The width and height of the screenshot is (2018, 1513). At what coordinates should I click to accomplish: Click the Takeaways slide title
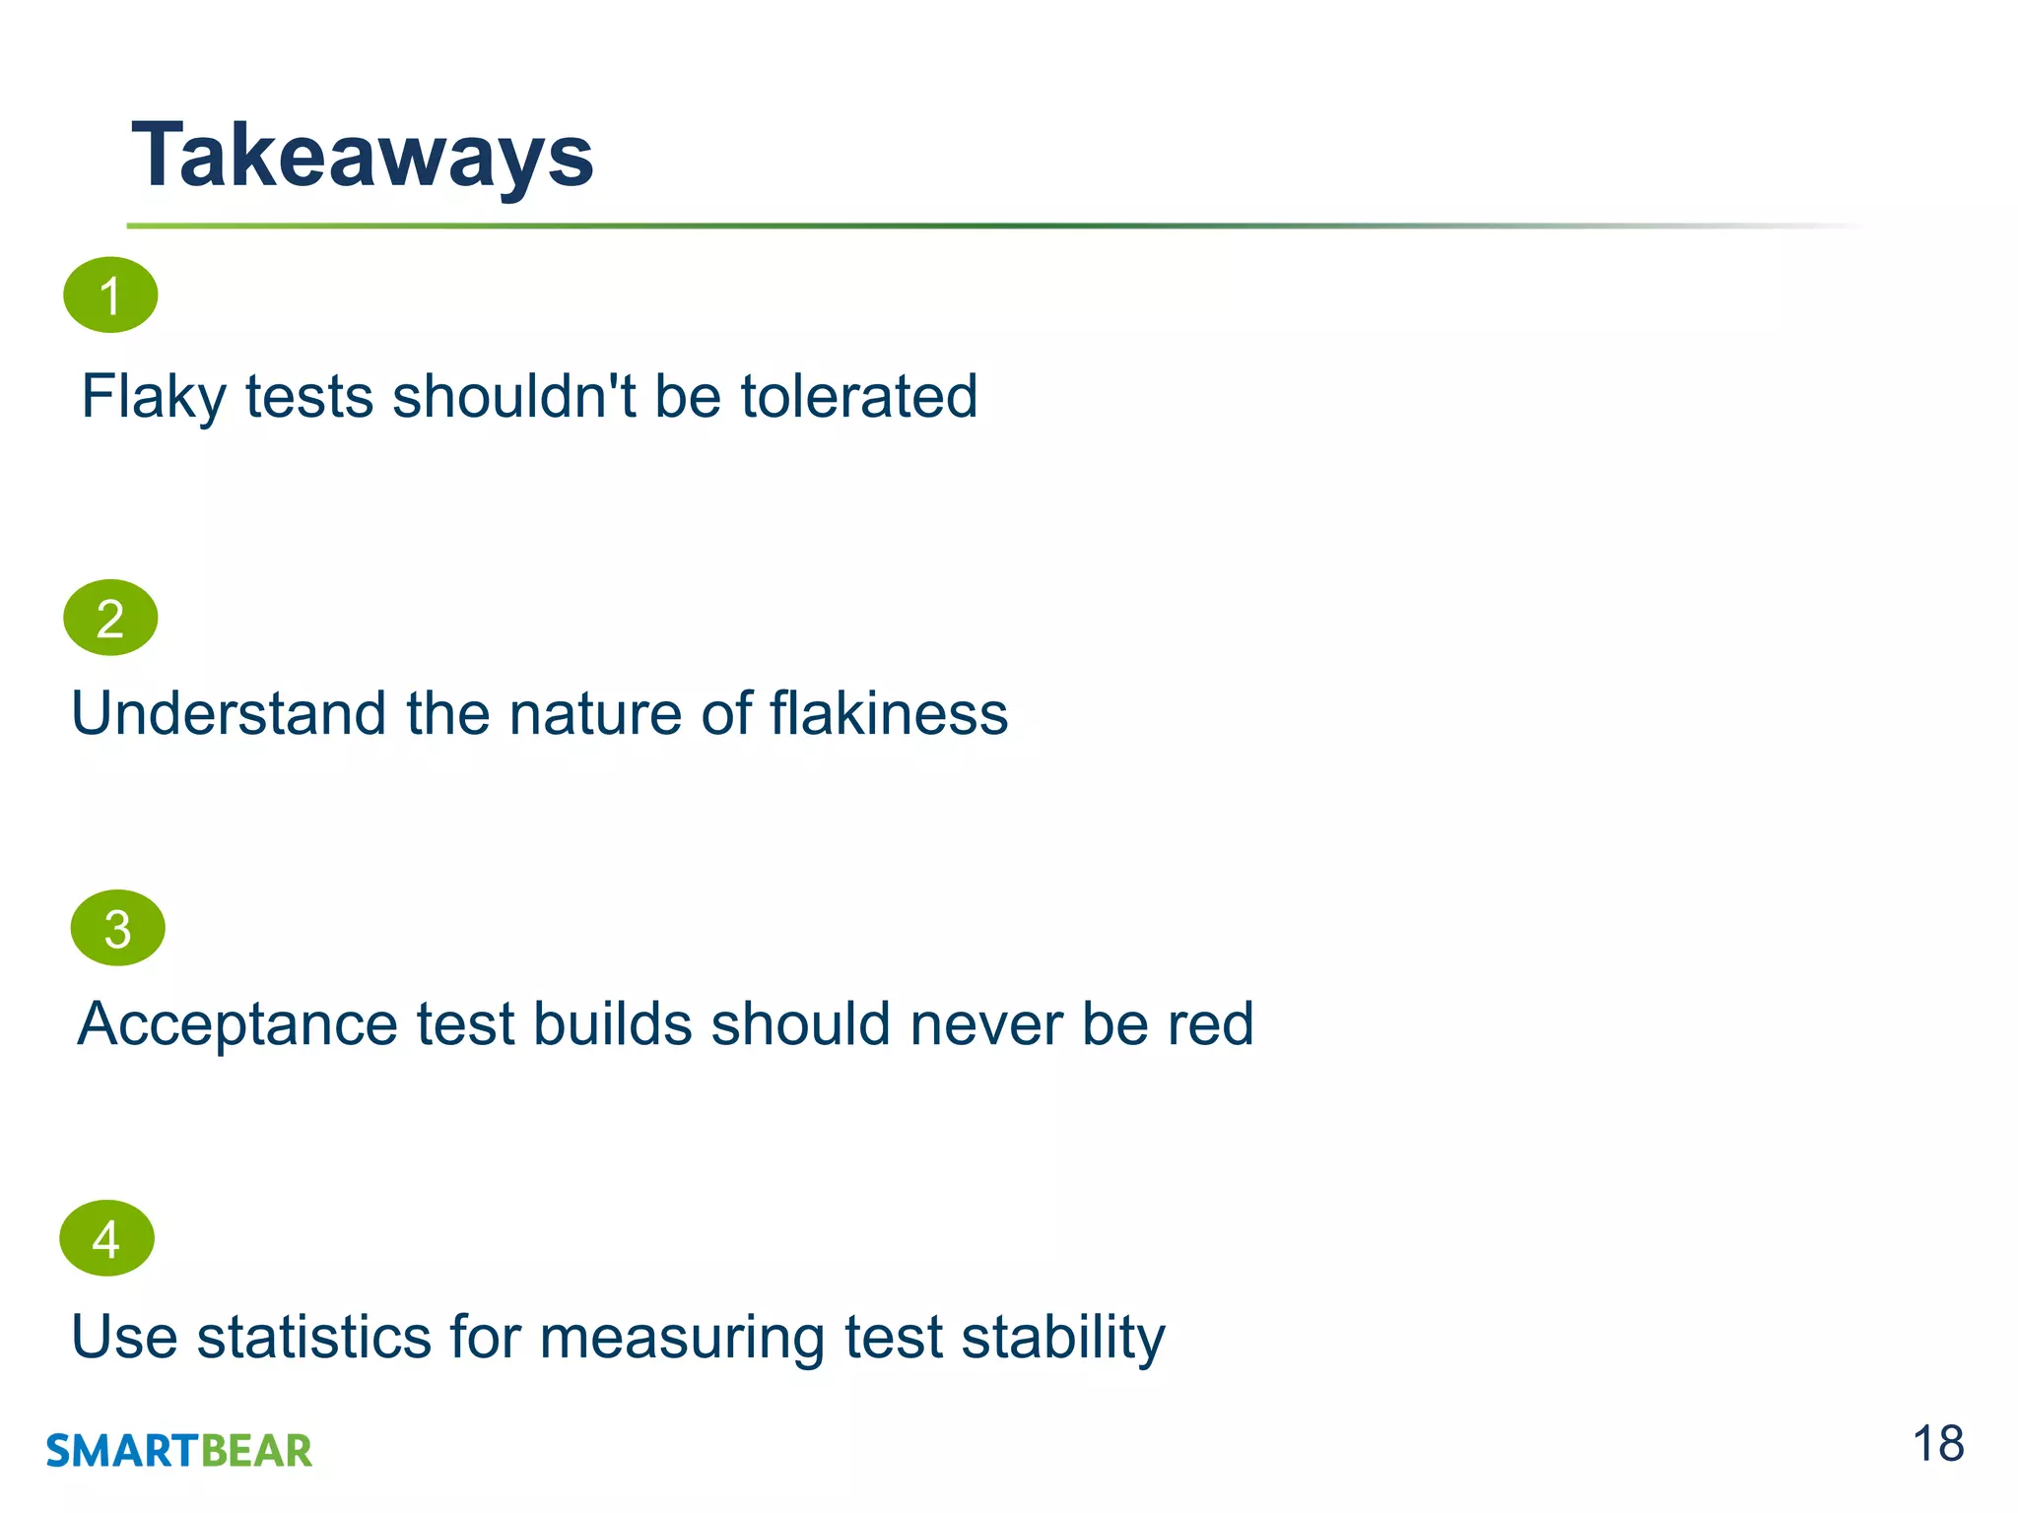pos(363,156)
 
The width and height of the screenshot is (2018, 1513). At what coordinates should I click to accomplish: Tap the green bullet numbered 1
pos(110,296)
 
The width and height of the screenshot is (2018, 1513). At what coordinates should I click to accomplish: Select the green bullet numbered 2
pos(110,618)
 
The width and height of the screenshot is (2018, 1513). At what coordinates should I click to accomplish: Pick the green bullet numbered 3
pos(117,928)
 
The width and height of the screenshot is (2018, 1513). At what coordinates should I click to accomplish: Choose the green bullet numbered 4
pos(106,1238)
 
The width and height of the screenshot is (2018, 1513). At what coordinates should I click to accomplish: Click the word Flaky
pos(154,397)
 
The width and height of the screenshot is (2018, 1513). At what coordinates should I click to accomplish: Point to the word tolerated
pos(858,397)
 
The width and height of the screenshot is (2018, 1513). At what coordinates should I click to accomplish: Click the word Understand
pos(229,713)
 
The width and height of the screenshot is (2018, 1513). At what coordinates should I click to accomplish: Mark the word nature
pos(595,713)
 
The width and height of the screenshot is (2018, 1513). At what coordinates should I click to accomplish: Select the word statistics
pos(314,1338)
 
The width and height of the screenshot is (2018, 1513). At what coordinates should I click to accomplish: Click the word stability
pos(1062,1338)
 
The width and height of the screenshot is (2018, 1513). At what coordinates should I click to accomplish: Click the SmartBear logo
pos(179,1451)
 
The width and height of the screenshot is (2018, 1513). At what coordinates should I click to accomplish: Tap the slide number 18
pos(1937,1445)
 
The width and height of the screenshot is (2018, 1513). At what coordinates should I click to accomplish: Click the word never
pos(986,1024)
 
